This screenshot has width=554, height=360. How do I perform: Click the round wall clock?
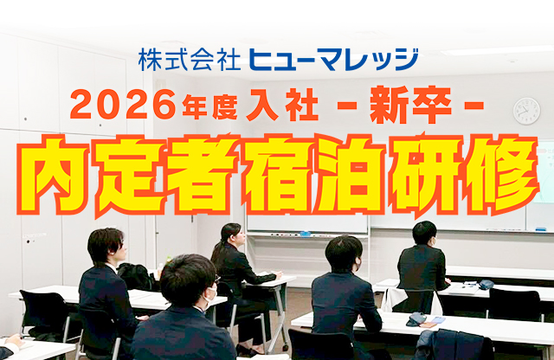click(x=526, y=111)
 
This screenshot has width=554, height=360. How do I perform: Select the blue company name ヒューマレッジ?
click(x=333, y=60)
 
